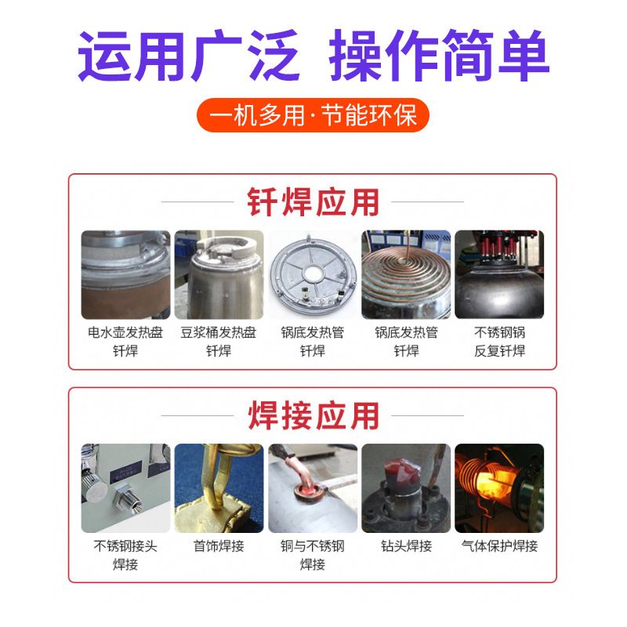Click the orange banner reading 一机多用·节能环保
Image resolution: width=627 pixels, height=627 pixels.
[x=313, y=115]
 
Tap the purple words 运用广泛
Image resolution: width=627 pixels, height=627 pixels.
[x=189, y=56]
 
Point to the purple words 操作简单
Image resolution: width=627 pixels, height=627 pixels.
[x=439, y=56]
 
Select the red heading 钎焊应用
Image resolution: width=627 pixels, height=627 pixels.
[x=313, y=202]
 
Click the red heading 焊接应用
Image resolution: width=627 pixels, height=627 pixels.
[x=313, y=415]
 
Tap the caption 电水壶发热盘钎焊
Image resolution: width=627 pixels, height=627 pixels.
[x=125, y=342]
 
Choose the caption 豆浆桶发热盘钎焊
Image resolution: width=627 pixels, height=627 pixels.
[x=219, y=342]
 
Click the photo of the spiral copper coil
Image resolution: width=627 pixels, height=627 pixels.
[x=406, y=275]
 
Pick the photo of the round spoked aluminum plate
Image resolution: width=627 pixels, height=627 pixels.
[x=313, y=275]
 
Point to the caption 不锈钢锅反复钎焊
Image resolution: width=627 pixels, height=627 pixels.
[x=499, y=342]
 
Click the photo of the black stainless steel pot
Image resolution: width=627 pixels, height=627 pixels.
[x=499, y=275]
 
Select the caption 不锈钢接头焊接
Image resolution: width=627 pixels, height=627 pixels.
[x=125, y=555]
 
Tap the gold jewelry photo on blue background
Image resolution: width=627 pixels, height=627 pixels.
[x=219, y=488]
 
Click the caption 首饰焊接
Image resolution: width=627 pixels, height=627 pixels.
[x=219, y=545]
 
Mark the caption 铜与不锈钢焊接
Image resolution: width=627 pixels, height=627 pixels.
[x=313, y=555]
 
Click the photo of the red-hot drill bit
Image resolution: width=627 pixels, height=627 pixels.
[x=406, y=488]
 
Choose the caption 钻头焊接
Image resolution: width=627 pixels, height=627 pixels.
[x=406, y=545]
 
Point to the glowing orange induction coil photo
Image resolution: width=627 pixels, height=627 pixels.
[x=499, y=488]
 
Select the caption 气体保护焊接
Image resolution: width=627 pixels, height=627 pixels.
[x=499, y=545]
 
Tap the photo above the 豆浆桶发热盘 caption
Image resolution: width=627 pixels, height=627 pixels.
[x=219, y=275]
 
